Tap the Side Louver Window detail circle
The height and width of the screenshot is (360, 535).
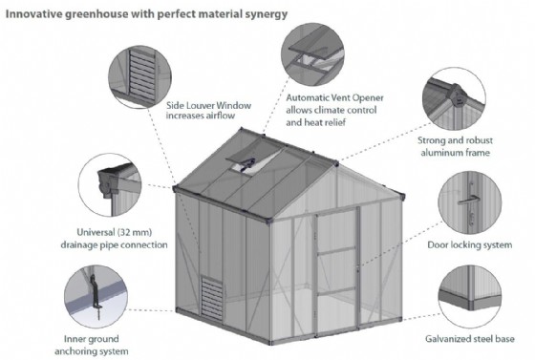point(139,77)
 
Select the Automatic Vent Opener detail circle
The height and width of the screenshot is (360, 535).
point(312,54)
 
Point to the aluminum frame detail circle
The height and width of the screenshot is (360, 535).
point(454,98)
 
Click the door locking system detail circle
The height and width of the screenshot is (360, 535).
point(470,202)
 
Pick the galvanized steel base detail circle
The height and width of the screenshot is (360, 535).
point(470,297)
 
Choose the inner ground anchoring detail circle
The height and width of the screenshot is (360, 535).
point(96,297)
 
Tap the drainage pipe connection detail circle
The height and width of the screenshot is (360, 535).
point(110,184)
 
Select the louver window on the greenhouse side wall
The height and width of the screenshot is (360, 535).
point(212,298)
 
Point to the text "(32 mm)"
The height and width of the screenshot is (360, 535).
point(135,232)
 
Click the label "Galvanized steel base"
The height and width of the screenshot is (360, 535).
point(470,339)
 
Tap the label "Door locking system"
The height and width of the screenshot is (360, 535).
point(470,245)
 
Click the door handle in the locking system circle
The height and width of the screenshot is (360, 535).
point(469,201)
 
